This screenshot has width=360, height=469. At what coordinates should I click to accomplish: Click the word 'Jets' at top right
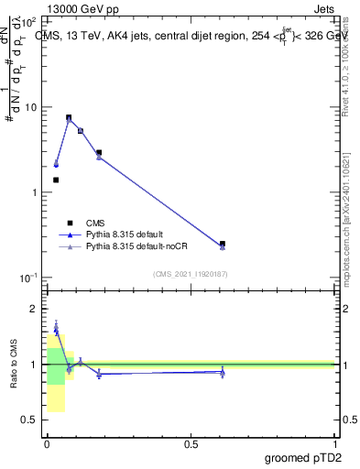point(322,8)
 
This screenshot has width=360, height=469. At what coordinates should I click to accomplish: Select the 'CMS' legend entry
point(94,223)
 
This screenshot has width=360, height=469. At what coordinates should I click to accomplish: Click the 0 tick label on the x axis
point(46,442)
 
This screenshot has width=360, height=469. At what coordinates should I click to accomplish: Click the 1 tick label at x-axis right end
point(334,442)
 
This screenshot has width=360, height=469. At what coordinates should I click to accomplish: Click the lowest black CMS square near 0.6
point(223,244)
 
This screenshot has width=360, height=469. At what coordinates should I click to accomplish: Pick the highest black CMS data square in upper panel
point(69,117)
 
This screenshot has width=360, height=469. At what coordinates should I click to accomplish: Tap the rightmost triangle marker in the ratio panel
point(223,372)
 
